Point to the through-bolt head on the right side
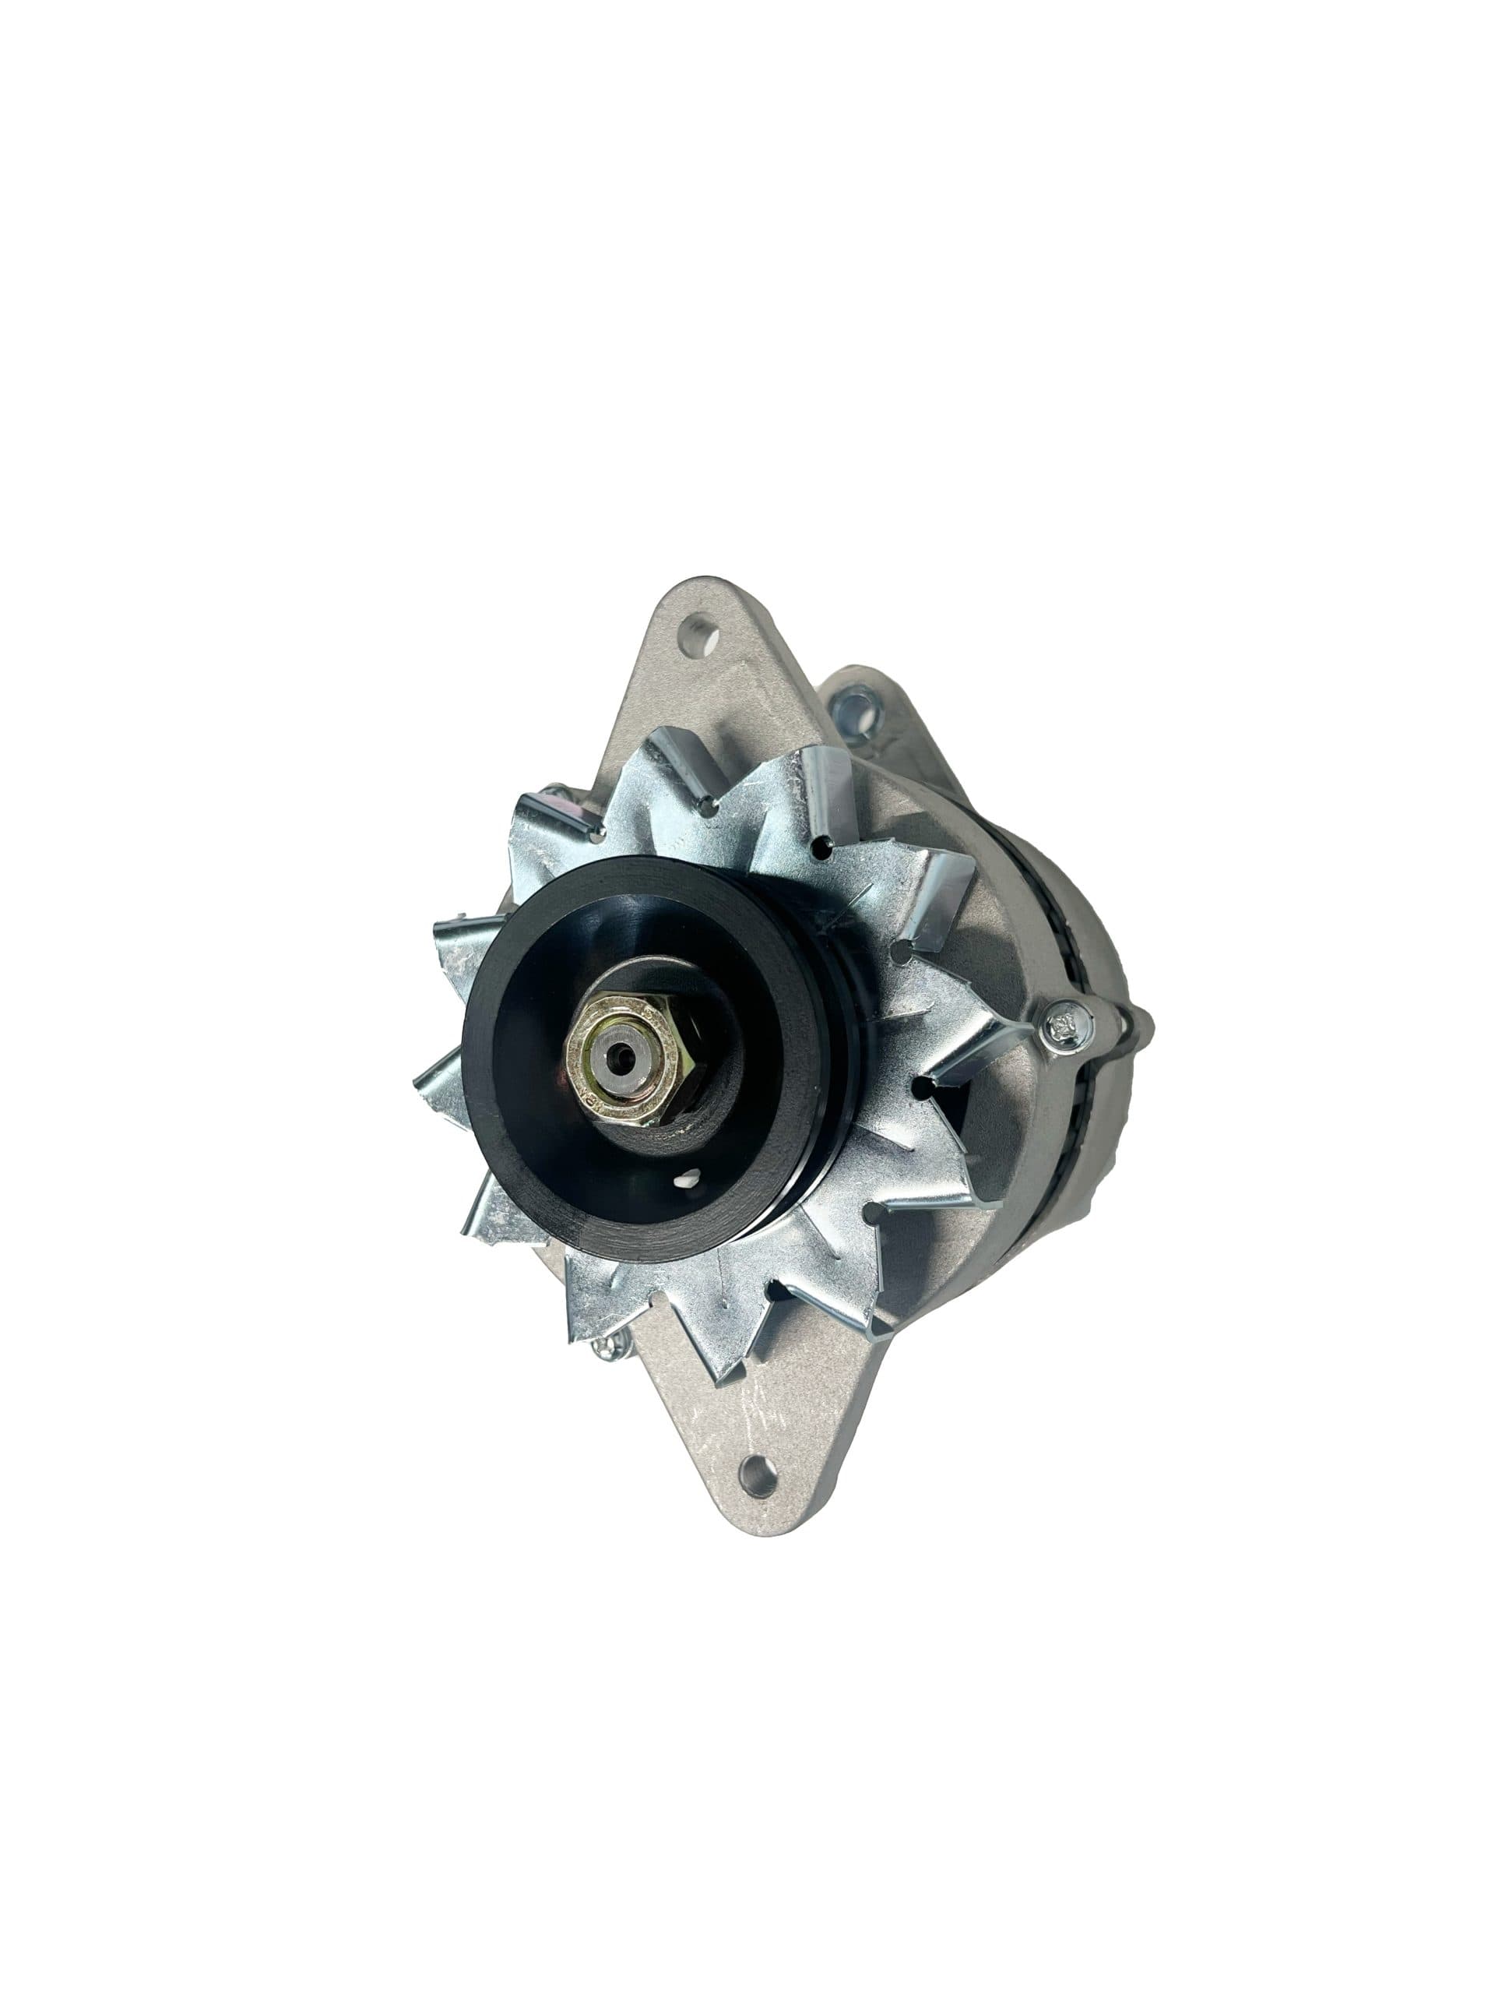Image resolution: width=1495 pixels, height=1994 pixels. pyautogui.click(x=1066, y=1024)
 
